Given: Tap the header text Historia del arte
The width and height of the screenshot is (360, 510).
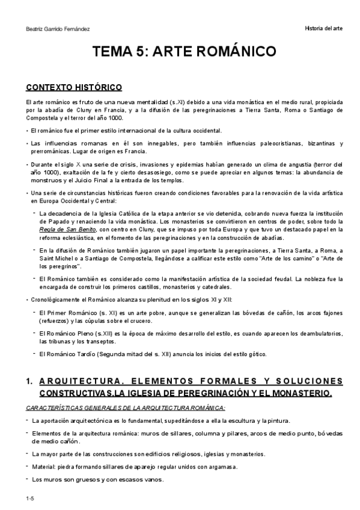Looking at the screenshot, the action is (324, 29).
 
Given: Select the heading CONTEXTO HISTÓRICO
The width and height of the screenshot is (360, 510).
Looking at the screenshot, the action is (74, 87).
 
